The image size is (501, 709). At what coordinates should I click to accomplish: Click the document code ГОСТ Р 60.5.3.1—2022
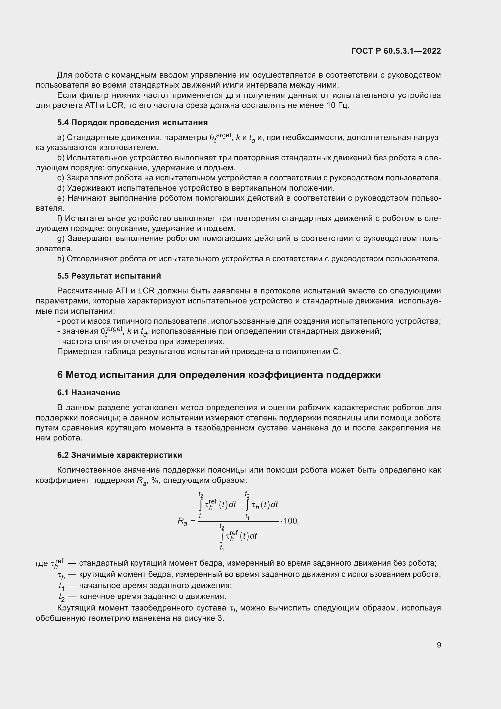tap(396, 51)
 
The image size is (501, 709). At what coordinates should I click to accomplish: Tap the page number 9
tap(439, 645)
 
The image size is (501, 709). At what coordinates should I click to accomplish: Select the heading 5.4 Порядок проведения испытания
tap(132, 122)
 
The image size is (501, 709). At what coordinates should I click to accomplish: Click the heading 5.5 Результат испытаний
tap(109, 276)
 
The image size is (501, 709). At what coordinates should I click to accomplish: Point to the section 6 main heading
tap(219, 375)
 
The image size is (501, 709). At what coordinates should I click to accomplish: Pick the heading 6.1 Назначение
tap(88, 393)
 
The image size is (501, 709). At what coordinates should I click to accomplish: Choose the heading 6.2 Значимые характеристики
tap(119, 455)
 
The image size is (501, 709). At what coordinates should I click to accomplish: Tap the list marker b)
tap(61, 158)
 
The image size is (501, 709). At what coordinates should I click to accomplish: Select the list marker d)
tap(61, 188)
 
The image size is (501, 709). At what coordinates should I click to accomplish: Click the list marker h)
tap(61, 259)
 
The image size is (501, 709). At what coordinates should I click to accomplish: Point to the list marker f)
tap(60, 218)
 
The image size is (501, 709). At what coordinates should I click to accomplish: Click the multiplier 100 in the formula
tap(290, 521)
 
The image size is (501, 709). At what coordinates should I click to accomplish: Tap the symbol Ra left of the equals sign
tap(182, 521)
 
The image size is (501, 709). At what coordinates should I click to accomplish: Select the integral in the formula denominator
tap(221, 537)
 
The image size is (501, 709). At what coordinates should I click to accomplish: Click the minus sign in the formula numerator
tap(241, 505)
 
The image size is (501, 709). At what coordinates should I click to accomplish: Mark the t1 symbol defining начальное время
tap(61, 586)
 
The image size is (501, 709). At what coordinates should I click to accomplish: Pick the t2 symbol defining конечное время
tap(61, 596)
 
